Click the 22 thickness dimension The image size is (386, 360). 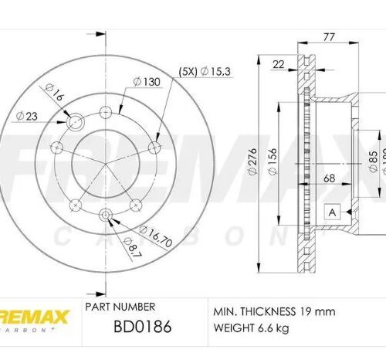tap(279, 66)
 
